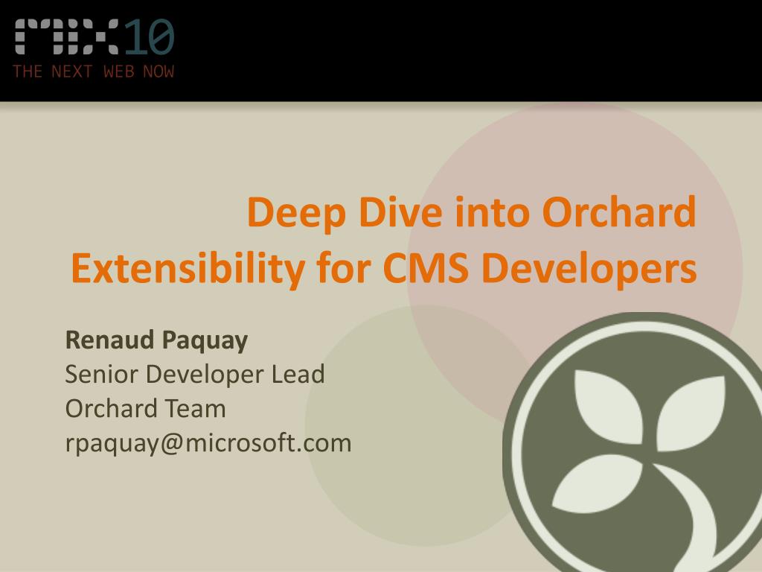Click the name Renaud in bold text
point(109,340)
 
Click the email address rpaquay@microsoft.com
point(208,443)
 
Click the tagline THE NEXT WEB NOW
point(93,72)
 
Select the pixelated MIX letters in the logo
point(67,37)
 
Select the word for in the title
point(346,269)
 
